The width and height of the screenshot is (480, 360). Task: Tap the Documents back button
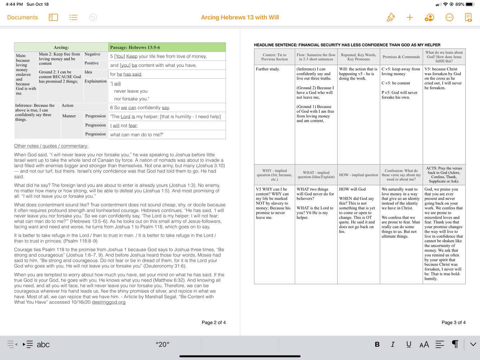click(22, 18)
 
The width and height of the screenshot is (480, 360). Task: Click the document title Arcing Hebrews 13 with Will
click(240, 18)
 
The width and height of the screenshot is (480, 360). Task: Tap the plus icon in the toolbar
click(410, 18)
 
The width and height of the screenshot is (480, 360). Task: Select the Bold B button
click(377, 345)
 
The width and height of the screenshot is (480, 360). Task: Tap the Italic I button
click(393, 345)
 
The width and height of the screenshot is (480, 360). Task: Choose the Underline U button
click(408, 345)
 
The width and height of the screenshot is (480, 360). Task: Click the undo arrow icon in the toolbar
click(93, 18)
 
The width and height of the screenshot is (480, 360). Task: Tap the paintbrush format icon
click(390, 18)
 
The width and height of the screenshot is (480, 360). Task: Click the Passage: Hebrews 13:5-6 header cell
click(167, 47)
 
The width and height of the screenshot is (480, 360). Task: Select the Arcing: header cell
click(61, 47)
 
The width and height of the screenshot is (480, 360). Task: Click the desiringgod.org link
click(109, 302)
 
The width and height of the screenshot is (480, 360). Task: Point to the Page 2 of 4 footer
click(214, 322)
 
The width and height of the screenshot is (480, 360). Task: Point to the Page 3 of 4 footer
click(453, 322)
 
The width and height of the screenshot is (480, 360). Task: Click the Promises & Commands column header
click(401, 57)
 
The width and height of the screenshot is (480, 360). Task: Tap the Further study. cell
click(268, 69)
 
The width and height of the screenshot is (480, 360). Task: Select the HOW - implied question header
click(358, 175)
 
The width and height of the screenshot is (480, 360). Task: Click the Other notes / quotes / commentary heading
click(51, 146)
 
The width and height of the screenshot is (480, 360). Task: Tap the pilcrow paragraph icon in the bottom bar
click(455, 344)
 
